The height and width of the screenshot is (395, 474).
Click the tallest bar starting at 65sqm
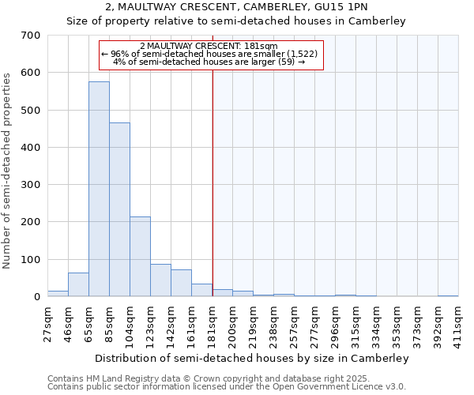(x=99, y=190)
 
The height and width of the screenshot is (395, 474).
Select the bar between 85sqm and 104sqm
(x=119, y=210)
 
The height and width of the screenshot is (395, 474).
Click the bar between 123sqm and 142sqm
(x=160, y=280)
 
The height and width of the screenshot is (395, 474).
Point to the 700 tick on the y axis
(x=31, y=36)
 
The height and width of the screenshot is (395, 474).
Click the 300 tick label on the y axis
(x=31, y=185)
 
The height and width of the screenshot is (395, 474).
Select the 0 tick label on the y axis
(x=36, y=297)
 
